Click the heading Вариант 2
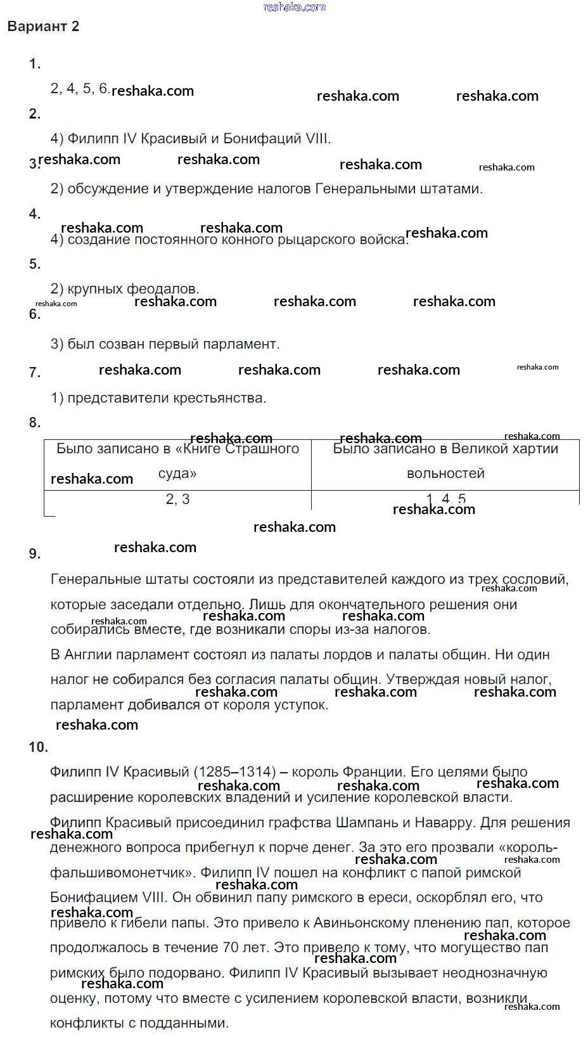click(43, 27)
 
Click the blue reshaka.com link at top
click(294, 7)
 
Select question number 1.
click(35, 64)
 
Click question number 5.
click(35, 264)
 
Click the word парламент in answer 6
click(245, 344)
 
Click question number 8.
click(35, 423)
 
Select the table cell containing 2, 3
click(177, 500)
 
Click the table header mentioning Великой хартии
click(445, 461)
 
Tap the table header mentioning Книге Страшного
click(177, 461)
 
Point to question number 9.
click(35, 554)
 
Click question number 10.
click(38, 747)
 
